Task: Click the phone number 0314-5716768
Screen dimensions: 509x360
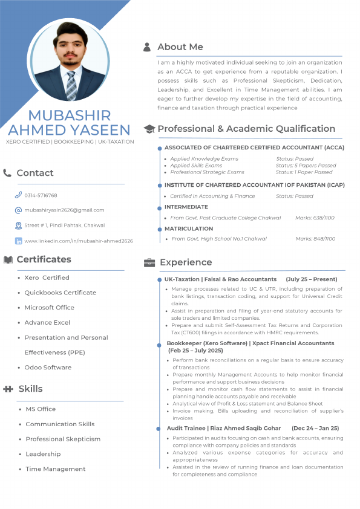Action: click(41, 196)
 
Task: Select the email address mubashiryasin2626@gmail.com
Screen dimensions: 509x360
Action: click(64, 210)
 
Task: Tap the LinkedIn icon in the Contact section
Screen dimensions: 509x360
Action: click(18, 241)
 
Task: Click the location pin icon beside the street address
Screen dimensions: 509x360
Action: click(18, 225)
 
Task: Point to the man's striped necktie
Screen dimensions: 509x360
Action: click(71, 85)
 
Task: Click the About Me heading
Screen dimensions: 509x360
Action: click(180, 47)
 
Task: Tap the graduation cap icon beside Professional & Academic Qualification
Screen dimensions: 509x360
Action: click(149, 129)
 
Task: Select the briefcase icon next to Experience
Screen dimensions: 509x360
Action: click(149, 262)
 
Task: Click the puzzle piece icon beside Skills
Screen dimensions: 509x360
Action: click(8, 389)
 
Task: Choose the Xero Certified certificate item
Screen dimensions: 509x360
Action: click(47, 277)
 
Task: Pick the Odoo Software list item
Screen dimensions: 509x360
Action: click(48, 368)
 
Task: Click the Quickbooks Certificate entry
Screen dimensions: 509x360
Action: click(60, 293)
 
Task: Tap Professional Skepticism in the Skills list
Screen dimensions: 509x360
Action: click(63, 439)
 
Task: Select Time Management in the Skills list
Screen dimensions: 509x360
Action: click(56, 469)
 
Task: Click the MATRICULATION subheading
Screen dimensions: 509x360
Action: click(188, 229)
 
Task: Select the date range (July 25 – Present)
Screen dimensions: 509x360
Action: click(312, 280)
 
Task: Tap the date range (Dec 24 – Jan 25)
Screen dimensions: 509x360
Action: click(315, 428)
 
